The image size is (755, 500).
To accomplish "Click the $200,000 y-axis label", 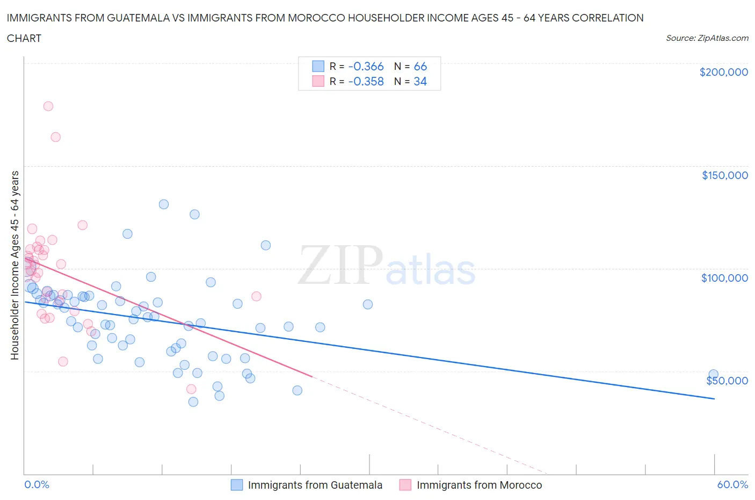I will click(723, 72).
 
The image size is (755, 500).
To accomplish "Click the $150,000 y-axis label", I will click(724, 175).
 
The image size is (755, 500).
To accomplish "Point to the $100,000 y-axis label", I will click(724, 278).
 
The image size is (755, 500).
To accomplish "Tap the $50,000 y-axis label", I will click(727, 381).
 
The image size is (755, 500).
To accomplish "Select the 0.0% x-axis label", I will click(37, 484).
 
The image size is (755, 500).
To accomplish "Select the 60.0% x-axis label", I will click(732, 484).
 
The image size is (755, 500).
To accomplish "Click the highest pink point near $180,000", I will click(48, 106).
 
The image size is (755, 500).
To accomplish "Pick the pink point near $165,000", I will click(55, 137).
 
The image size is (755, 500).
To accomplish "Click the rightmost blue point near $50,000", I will click(713, 374).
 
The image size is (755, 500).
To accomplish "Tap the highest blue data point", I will click(164, 204).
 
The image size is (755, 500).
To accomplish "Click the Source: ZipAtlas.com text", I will click(707, 38).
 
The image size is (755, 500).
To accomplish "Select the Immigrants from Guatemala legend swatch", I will click(237, 485).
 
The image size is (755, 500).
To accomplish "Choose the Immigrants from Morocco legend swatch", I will click(405, 485).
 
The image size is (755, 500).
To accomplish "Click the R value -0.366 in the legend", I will click(366, 66).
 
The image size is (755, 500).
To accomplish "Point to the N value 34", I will click(420, 81).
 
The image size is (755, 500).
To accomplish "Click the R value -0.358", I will click(366, 81).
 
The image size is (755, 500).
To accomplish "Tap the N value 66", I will click(420, 66).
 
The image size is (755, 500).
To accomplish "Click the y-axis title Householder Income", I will click(15, 265).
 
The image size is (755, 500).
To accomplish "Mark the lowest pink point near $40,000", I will click(191, 389).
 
